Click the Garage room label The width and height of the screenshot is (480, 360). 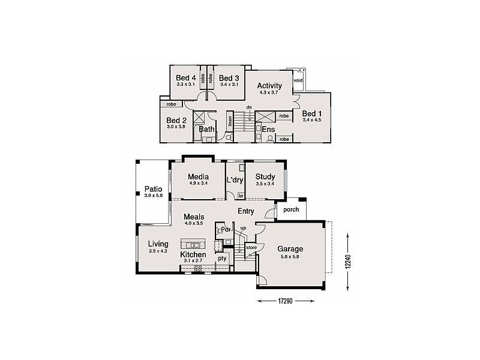tap(290, 249)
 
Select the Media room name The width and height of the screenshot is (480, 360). tap(197, 176)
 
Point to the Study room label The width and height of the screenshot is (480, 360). tap(265, 176)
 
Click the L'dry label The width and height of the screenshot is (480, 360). tap(235, 179)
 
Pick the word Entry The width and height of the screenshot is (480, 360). tap(246, 211)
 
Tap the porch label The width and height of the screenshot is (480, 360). tap(291, 210)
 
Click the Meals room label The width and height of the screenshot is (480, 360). tap(194, 217)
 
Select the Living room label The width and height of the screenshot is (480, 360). tap(158, 244)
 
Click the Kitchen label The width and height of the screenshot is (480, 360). tap(193, 255)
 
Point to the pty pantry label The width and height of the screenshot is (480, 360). tap(221, 259)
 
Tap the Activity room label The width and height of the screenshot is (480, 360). tap(269, 86)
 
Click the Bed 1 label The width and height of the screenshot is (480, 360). tap(312, 113)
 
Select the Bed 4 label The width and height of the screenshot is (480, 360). tap(185, 78)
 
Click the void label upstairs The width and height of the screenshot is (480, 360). tap(298, 80)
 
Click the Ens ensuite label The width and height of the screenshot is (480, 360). tap(268, 129)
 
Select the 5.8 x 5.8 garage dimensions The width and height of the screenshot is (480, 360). tap(290, 256)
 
